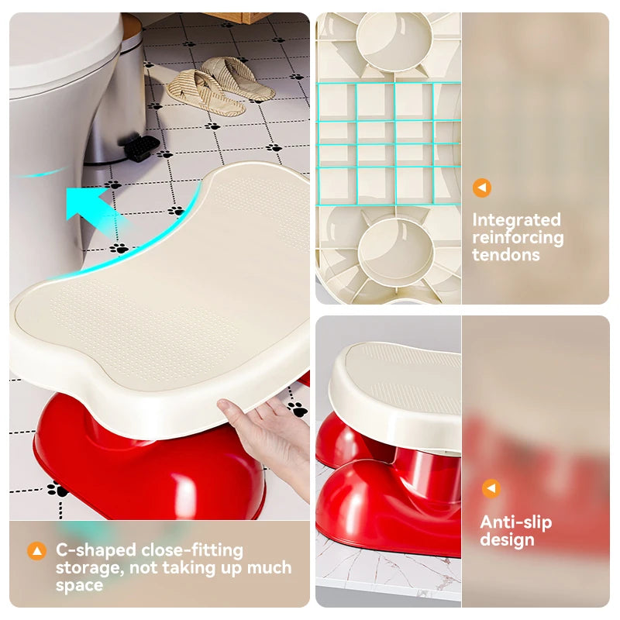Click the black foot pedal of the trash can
pos(141,147)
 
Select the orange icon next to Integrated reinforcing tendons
pos(482,188)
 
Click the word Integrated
pos(516,220)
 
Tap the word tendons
pos(505,255)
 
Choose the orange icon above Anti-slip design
pos(491,488)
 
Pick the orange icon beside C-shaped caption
pos(36,551)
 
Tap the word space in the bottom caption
pos(79,585)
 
